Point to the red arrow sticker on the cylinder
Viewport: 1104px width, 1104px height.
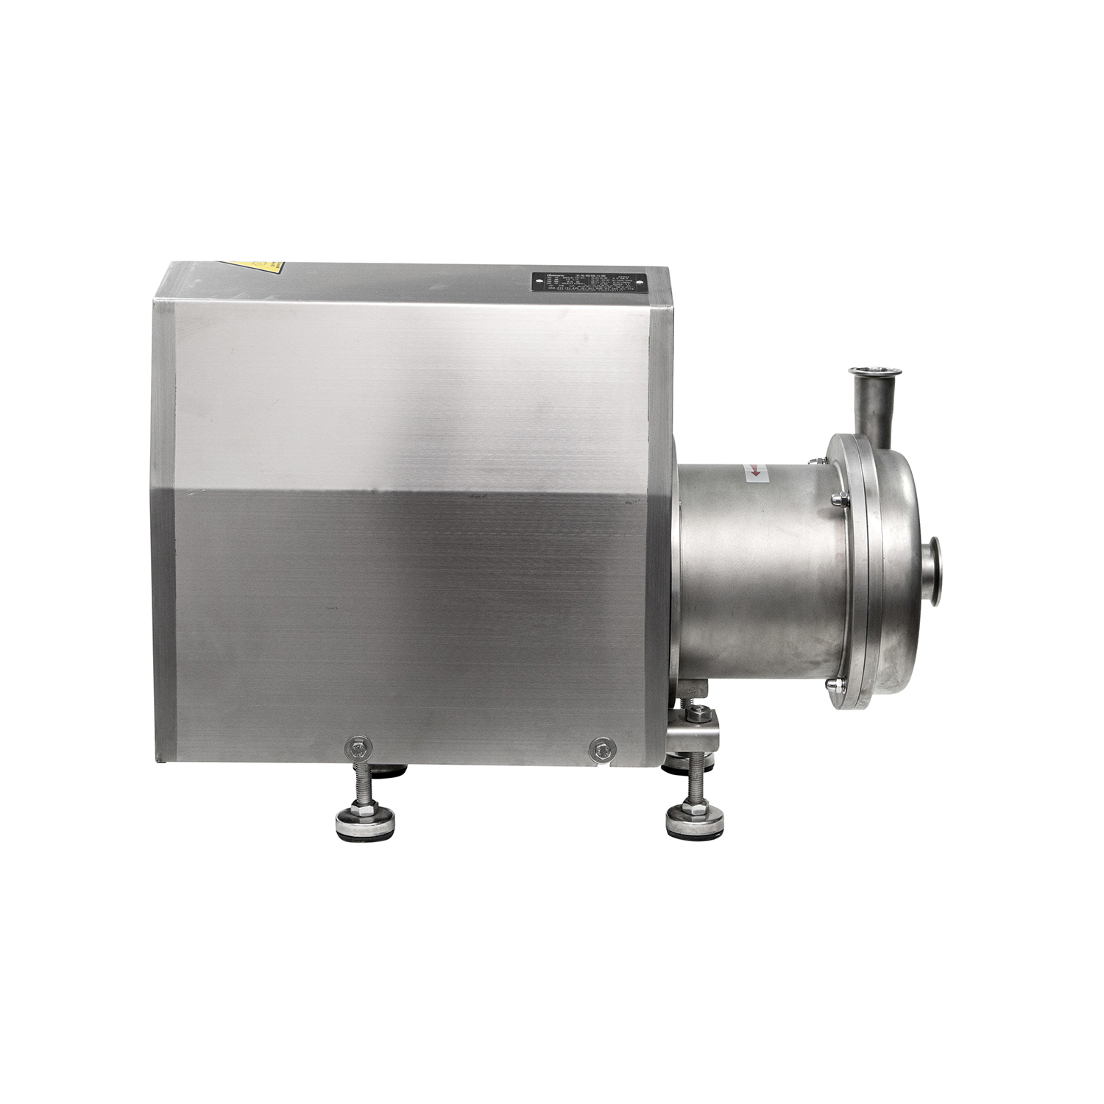[754, 473]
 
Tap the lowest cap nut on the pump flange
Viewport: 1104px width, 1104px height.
[832, 686]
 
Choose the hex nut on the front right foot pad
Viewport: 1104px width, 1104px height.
[694, 808]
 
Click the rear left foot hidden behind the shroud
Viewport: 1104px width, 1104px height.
[389, 771]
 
